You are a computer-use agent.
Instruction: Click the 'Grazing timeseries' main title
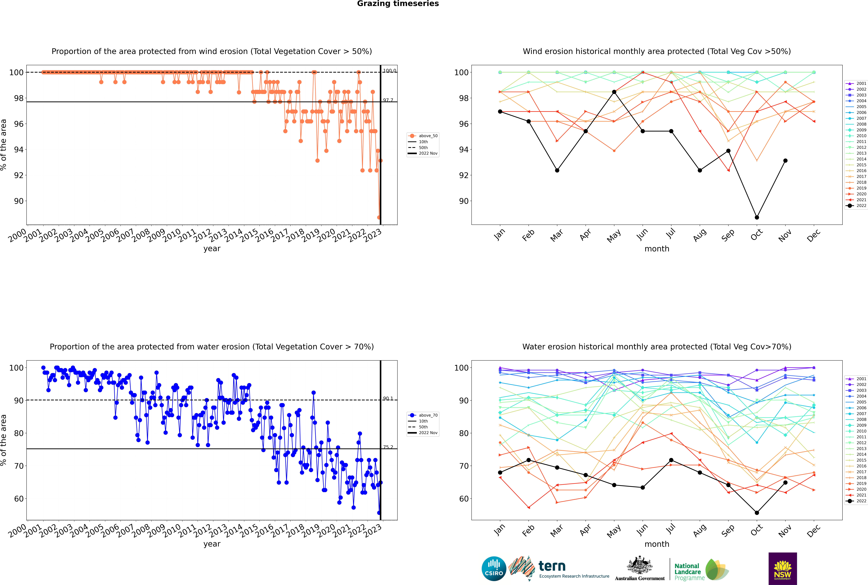click(x=398, y=4)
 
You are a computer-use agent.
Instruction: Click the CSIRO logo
click(x=494, y=569)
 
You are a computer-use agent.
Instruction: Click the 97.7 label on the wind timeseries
click(x=388, y=100)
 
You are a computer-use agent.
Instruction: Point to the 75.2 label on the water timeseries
click(x=388, y=447)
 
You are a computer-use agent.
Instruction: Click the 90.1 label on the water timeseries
click(x=388, y=398)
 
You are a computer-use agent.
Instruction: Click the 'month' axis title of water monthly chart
click(x=657, y=544)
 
